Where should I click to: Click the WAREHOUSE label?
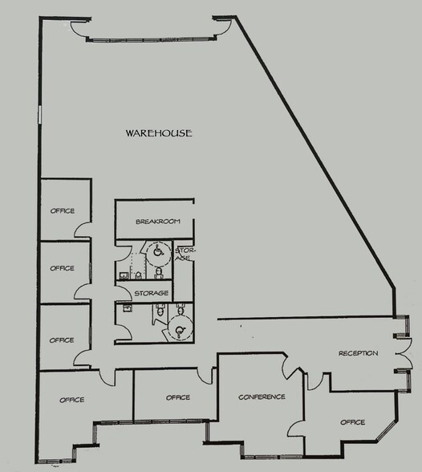(158, 133)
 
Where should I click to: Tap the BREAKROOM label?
(156, 221)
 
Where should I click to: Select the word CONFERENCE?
(262, 397)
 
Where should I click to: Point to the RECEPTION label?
(358, 353)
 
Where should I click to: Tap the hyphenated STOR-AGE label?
(183, 254)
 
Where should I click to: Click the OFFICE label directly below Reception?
(352, 422)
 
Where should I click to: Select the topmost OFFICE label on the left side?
(62, 211)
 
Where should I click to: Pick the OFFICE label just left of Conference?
(177, 397)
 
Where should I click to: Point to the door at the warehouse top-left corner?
(79, 31)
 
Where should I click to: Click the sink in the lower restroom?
(128, 307)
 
